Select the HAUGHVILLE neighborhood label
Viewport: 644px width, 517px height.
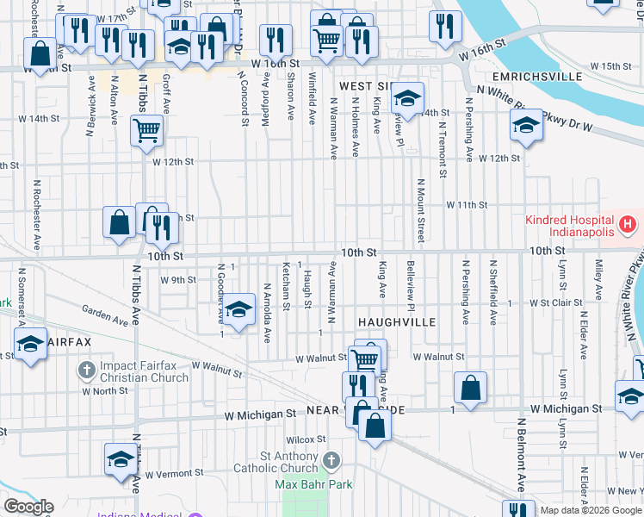point(398,322)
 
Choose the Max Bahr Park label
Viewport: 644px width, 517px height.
point(313,485)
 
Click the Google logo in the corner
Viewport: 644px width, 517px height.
point(28,507)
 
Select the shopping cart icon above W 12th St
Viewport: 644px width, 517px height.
point(146,131)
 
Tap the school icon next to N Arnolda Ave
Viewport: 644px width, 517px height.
point(239,308)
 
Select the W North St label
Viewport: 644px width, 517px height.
point(110,390)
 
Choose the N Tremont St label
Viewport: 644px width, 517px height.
point(441,152)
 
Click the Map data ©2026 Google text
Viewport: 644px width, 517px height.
point(591,510)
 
